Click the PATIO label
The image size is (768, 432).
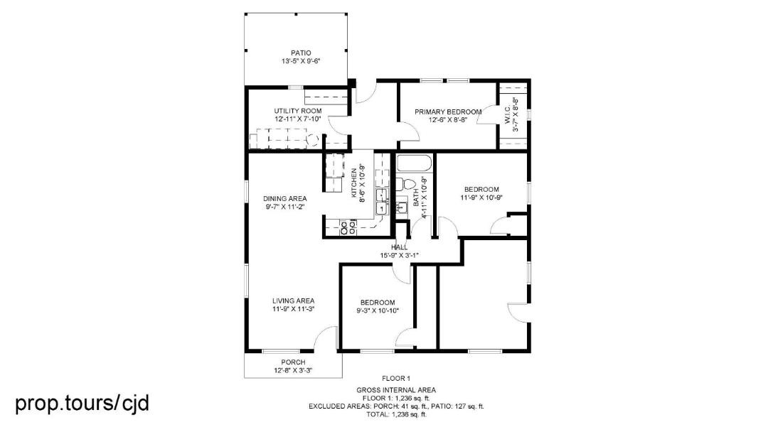[301, 53]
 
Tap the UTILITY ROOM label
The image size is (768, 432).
[298, 111]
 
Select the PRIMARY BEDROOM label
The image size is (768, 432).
[448, 112]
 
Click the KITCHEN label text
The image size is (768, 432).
[354, 183]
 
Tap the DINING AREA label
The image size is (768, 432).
[285, 199]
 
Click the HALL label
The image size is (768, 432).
[399, 247]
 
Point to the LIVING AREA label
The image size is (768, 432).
[294, 301]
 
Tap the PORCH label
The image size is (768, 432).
[294, 362]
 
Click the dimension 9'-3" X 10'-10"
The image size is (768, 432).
[378, 310]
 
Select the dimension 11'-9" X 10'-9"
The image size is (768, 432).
[481, 198]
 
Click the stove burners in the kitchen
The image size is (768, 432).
[348, 227]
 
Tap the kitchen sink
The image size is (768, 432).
[382, 202]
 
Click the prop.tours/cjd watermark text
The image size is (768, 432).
[82, 404]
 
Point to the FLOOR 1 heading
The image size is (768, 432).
[396, 378]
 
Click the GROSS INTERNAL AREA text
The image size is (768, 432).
[396, 390]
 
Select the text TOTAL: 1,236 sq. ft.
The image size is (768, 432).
[397, 414]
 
